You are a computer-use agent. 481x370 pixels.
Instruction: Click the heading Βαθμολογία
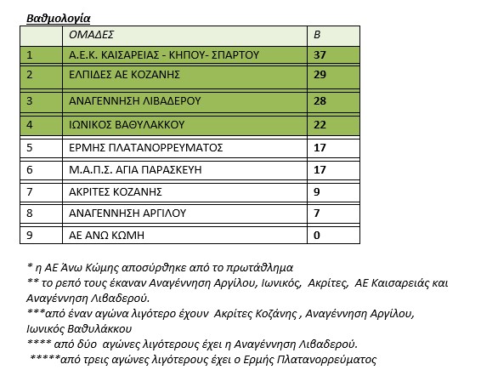(59, 17)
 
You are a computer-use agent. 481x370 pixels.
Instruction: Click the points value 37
(321, 55)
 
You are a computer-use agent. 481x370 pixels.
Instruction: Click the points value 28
(321, 100)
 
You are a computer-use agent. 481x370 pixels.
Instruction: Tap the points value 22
(321, 125)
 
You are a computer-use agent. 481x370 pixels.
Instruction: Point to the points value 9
(318, 192)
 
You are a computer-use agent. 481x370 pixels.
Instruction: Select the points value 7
(318, 213)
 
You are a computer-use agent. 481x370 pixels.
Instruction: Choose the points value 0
(318, 235)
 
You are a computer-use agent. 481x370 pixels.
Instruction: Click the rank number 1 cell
(30, 55)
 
